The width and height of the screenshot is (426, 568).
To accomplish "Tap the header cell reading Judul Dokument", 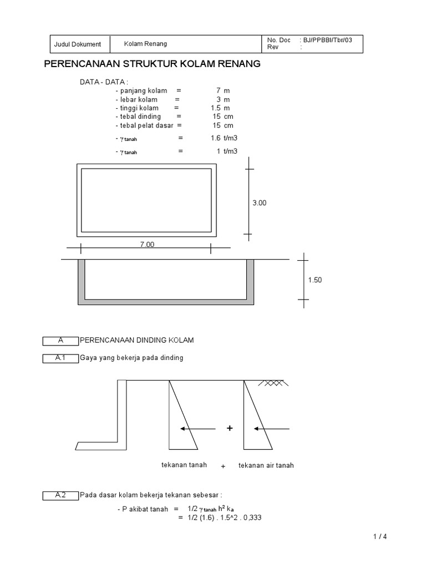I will coord(78,44).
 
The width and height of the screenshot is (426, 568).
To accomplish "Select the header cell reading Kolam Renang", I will coord(145,44).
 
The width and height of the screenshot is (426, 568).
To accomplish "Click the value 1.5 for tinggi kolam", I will coord(216,108).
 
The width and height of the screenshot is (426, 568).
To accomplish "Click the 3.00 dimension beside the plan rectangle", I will coord(260,203).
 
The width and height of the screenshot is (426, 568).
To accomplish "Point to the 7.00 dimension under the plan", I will coord(146,245).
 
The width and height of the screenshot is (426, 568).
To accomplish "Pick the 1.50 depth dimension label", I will coord(315,280).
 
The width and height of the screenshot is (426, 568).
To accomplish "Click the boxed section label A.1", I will coord(60,358).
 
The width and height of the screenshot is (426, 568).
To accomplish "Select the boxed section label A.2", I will coord(60,495).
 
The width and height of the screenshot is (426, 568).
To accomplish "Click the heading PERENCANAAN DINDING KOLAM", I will coord(137,339).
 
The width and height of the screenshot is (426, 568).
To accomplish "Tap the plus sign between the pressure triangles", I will coord(229,429).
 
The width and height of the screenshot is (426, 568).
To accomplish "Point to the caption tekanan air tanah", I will coord(266,465).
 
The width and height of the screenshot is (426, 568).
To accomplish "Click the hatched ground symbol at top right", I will coord(272,383).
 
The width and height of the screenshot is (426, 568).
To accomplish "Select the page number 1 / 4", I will coord(379,536).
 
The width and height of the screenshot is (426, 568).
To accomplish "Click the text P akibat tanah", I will coord(145,509).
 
